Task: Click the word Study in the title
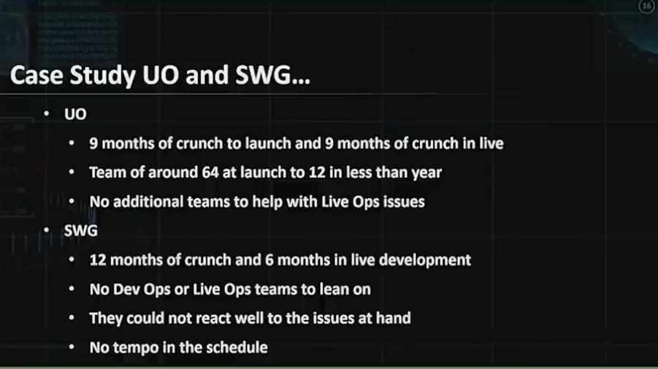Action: (103, 76)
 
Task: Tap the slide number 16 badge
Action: (646, 6)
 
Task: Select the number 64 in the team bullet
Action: (210, 172)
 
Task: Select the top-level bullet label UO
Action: (75, 114)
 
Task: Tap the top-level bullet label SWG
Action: (81, 230)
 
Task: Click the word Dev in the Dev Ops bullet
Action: (125, 289)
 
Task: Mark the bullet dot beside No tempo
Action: (72, 347)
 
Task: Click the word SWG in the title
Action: (263, 76)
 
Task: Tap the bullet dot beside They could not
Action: (72, 318)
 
